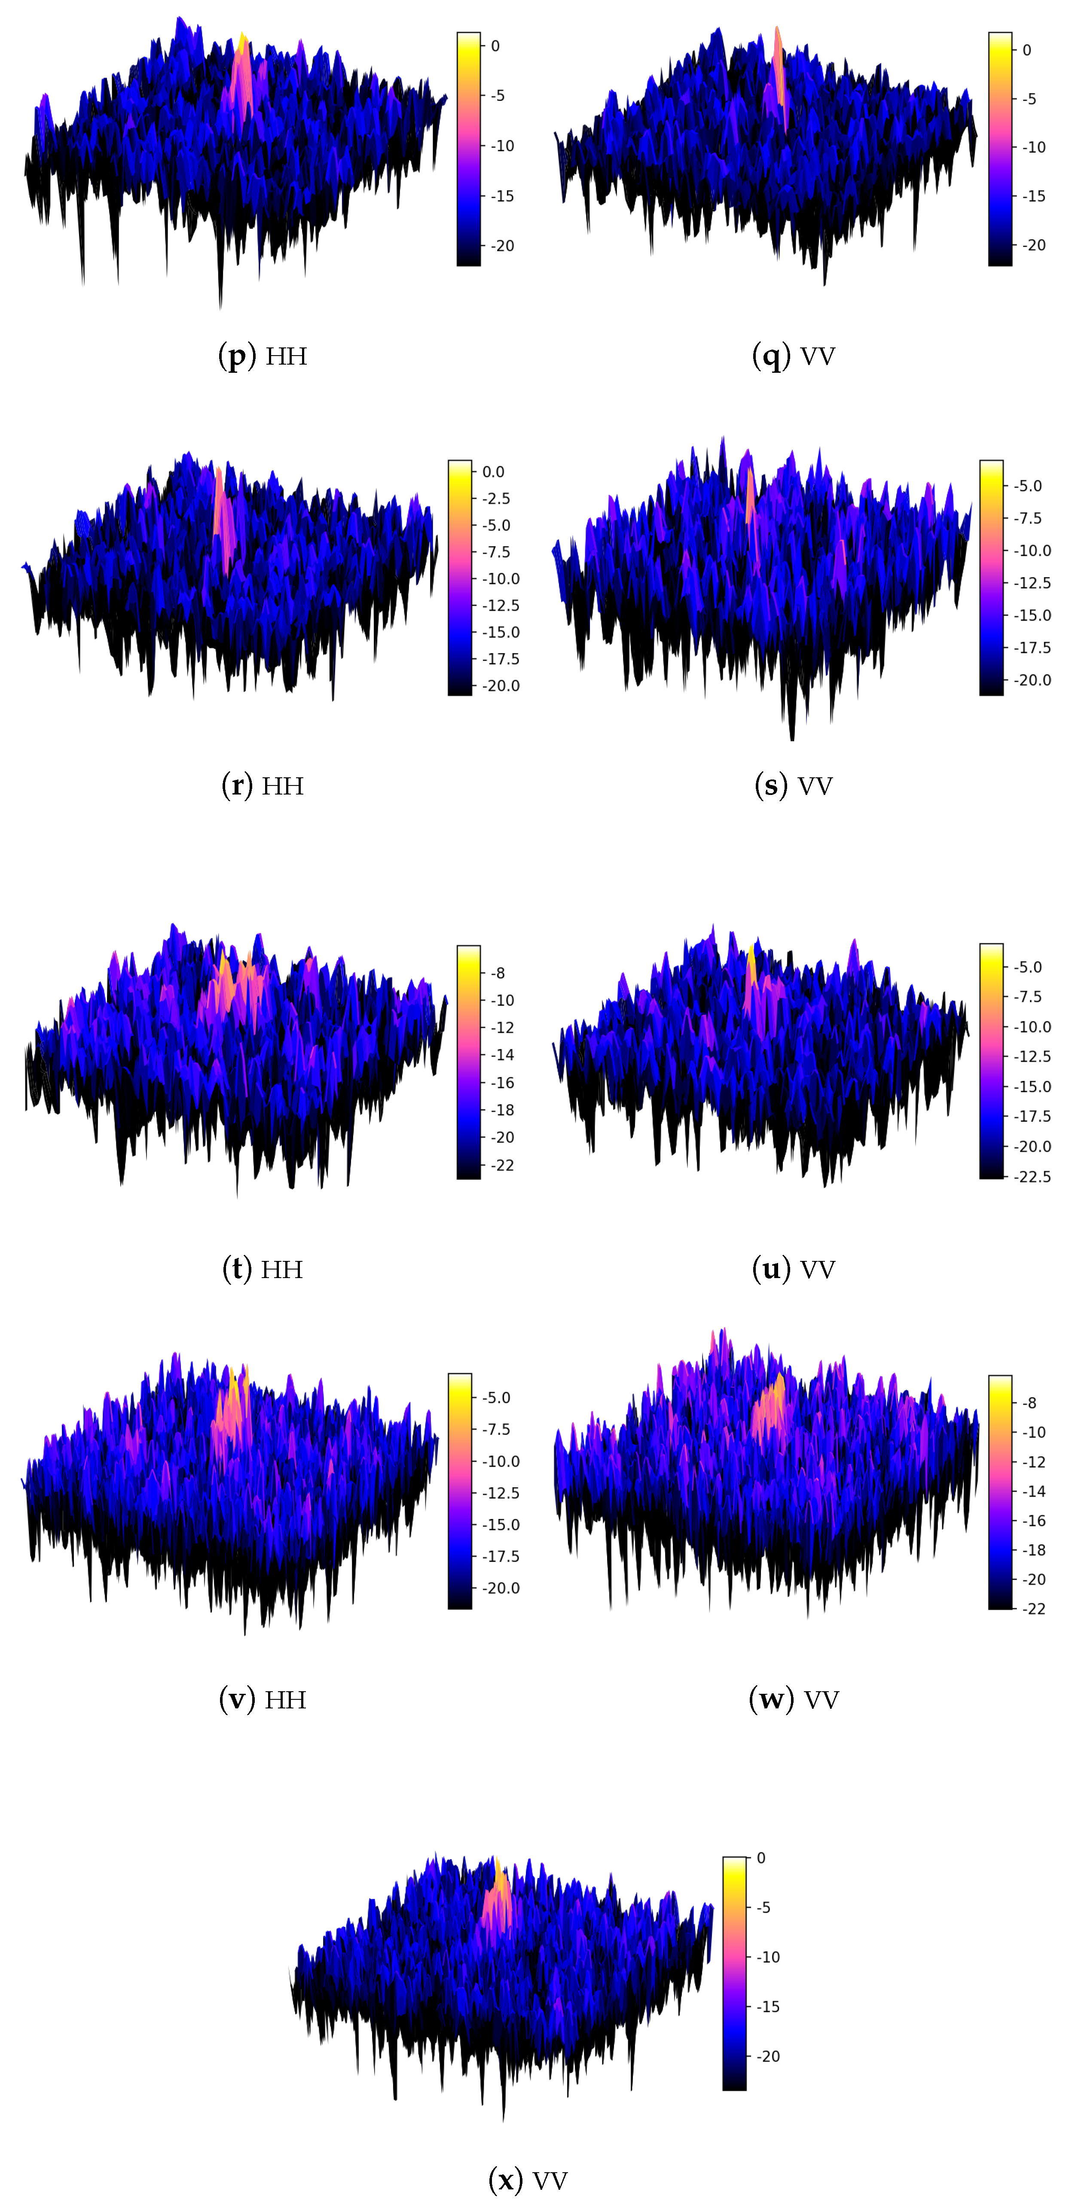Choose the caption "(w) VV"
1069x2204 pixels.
click(x=794, y=1699)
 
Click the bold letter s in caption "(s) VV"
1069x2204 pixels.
click(x=770, y=785)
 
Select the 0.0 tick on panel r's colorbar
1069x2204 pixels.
click(x=493, y=472)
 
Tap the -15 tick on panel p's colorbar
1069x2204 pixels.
click(x=501, y=196)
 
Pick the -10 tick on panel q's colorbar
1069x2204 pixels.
click(x=1033, y=147)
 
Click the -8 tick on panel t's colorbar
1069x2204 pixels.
click(x=497, y=973)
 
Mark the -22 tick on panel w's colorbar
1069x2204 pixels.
click(x=1034, y=1608)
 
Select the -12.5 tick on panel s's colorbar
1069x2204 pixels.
click(x=1032, y=583)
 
